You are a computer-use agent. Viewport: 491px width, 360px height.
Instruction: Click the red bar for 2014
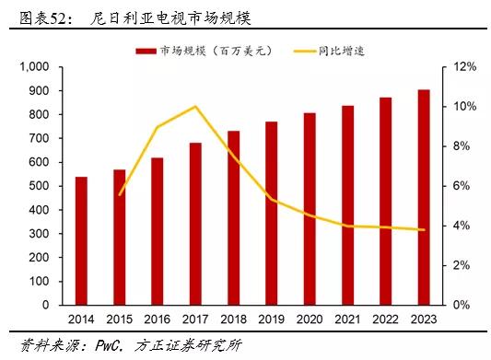tap(81, 240)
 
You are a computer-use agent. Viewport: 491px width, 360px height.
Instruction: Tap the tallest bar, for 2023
tap(423, 197)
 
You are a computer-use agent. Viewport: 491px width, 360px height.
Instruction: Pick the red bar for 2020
tap(310, 209)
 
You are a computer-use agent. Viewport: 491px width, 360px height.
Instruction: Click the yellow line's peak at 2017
tap(195, 107)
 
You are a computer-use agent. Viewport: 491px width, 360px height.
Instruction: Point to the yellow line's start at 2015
tap(120, 194)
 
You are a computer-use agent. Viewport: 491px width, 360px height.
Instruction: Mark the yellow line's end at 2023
tap(423, 230)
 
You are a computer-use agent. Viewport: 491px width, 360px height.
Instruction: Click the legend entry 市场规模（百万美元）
tap(208, 50)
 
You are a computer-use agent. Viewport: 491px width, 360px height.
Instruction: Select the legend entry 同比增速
tap(345, 50)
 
